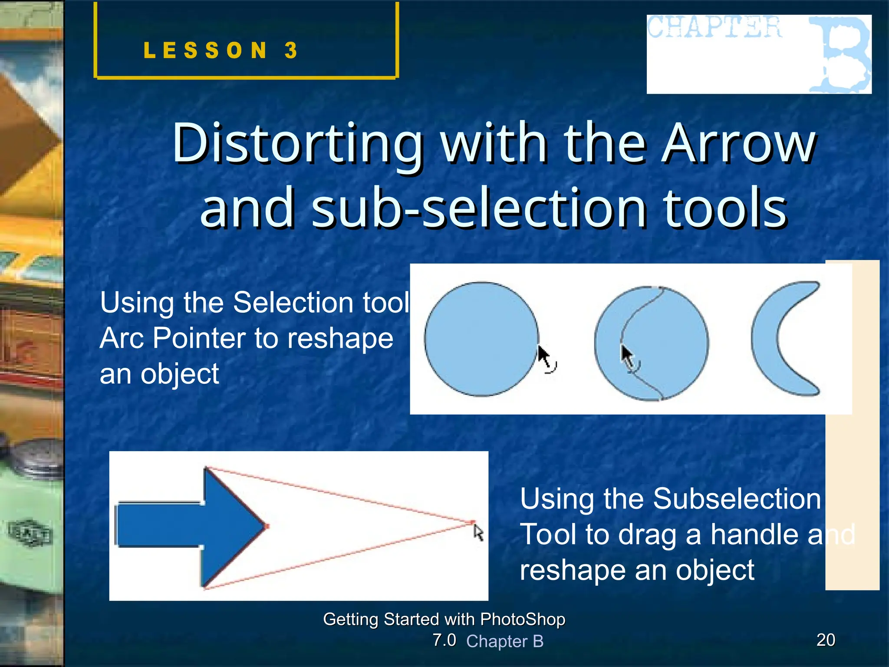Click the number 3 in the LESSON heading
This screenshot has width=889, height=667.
(291, 50)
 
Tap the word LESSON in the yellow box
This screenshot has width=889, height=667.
(205, 50)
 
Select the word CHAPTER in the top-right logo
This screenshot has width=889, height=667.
(714, 27)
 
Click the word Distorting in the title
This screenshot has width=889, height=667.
(298, 143)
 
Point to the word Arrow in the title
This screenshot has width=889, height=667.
(740, 143)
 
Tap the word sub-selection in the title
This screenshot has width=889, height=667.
(478, 208)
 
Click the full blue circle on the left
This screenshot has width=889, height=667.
(481, 339)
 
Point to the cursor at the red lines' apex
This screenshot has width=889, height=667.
(478, 532)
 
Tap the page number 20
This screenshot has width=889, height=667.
(826, 640)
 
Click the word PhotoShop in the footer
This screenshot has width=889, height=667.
(523, 619)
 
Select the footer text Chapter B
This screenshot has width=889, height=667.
(504, 641)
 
